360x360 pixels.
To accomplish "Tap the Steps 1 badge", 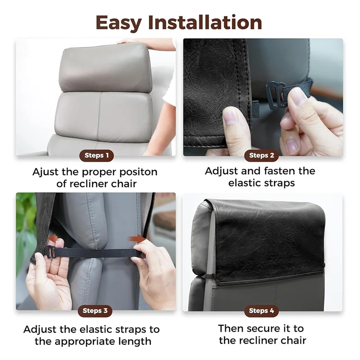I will [x=97, y=156].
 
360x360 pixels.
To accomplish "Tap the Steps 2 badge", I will [x=262, y=156].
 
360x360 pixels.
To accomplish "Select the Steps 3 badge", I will [x=95, y=310].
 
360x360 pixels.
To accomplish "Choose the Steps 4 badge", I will [x=262, y=310].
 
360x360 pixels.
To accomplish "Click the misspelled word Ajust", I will [x=47, y=172].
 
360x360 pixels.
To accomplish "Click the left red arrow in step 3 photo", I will [x=53, y=238].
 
